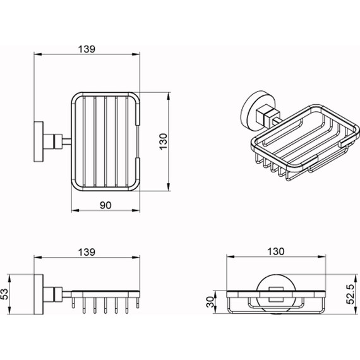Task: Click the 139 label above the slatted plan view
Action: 87,49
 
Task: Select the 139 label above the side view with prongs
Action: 87,252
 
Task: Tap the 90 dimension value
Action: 105,205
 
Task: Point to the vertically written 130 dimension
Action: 164,141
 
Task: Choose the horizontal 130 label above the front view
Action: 276,251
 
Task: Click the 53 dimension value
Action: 4,294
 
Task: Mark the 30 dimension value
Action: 210,302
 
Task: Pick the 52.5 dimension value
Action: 351,294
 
